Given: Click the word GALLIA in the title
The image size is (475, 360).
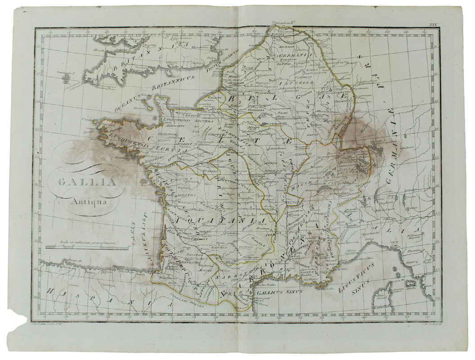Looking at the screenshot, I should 85,184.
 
